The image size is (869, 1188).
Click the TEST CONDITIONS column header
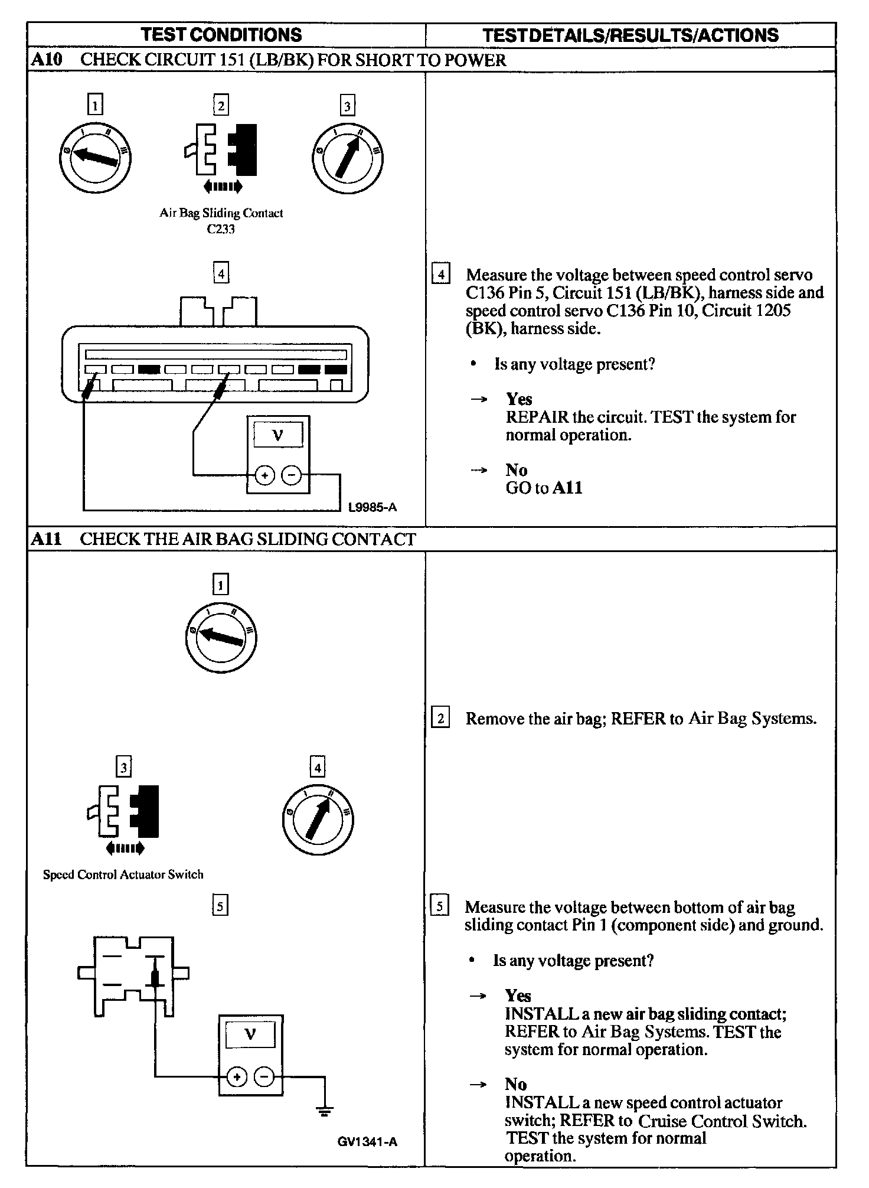pos(221,35)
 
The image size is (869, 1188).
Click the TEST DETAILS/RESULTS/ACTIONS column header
pos(630,35)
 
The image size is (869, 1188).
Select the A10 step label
pos(45,60)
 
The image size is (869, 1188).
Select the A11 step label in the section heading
pos(45,538)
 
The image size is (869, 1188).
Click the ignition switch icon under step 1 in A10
pos(94,157)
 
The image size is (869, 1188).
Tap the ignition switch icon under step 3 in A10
pos(347,158)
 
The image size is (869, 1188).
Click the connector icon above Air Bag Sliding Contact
pos(221,151)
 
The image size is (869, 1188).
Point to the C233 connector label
pos(221,229)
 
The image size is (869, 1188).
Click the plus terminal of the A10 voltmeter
pos(265,475)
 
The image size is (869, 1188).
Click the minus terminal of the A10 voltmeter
pos(291,475)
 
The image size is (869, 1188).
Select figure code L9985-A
pos(372,507)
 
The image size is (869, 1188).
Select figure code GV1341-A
pos(367,1141)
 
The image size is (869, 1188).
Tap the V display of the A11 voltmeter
pos(250,1034)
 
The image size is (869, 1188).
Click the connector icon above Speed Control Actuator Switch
pos(123,812)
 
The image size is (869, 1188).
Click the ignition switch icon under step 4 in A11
pos(318,820)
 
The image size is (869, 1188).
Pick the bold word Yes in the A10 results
pos(519,399)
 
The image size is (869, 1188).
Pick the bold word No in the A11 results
pos(515,1084)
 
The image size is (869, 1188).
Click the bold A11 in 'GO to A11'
pos(567,488)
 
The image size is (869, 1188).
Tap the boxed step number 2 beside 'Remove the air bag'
pos(440,719)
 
